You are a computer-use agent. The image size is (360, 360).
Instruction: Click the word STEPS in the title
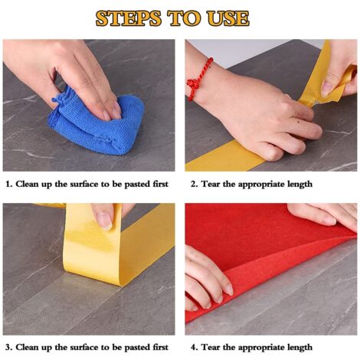[x=129, y=18]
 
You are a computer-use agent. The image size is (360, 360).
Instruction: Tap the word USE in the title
[x=228, y=18]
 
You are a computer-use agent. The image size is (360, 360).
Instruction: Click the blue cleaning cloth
[x=97, y=123]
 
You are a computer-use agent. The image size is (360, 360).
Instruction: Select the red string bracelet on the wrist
[x=199, y=79]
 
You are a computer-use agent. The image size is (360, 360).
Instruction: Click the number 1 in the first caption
[x=8, y=184]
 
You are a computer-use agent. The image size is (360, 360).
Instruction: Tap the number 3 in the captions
[x=8, y=347]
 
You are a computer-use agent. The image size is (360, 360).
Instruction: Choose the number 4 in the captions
[x=194, y=347]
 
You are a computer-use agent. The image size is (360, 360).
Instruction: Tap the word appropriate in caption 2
[x=261, y=185]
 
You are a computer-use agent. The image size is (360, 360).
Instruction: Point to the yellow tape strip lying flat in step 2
[x=224, y=157]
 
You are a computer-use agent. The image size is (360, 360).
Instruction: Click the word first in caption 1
[x=161, y=184]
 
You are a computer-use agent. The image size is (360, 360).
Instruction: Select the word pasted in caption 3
[x=137, y=348]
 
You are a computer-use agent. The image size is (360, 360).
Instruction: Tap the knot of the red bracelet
[x=193, y=83]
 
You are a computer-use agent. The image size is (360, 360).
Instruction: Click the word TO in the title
[x=185, y=18]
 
